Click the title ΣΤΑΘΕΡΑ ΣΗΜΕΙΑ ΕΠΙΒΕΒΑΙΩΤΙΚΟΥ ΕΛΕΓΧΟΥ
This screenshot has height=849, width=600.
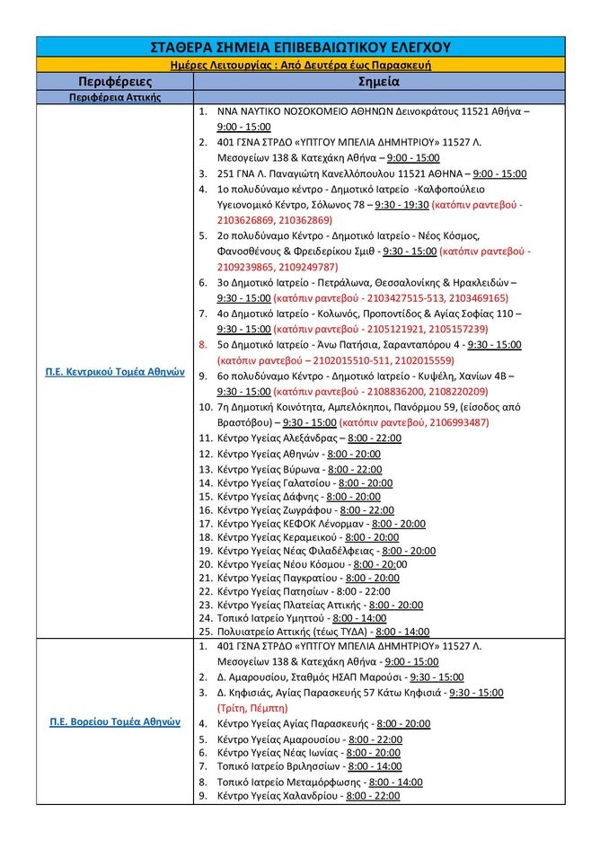(x=301, y=48)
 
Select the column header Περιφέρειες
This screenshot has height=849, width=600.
(x=113, y=82)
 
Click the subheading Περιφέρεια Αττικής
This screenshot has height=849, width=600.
(x=114, y=97)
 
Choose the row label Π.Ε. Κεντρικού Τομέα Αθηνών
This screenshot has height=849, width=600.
(x=114, y=371)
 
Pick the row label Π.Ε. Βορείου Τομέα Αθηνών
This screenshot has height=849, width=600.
(x=114, y=721)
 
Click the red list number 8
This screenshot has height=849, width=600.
(x=203, y=344)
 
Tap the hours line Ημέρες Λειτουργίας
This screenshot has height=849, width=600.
(x=301, y=66)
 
